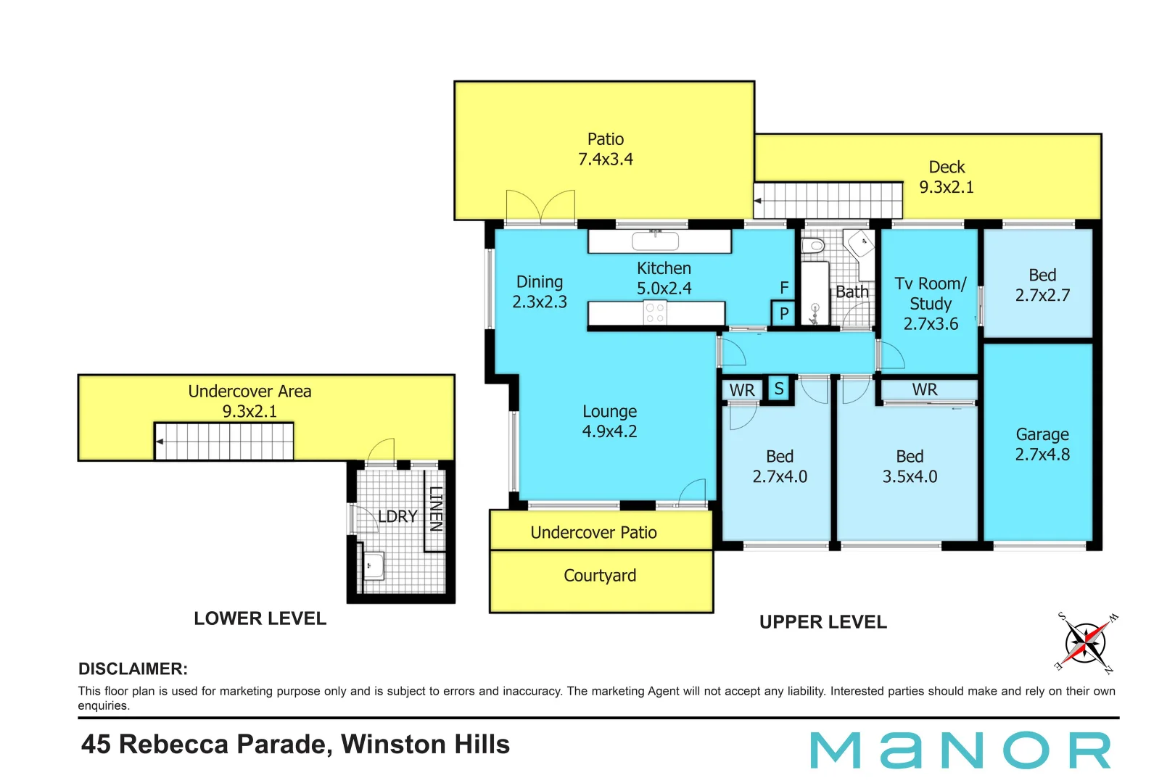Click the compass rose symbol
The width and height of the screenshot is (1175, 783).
tap(1086, 642)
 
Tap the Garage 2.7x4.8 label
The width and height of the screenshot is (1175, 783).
tap(1042, 444)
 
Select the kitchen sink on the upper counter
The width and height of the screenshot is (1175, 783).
tap(656, 241)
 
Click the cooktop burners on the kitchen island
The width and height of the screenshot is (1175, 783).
tap(655, 313)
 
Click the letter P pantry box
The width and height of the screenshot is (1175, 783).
tap(783, 315)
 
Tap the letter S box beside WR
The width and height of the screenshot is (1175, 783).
tap(779, 389)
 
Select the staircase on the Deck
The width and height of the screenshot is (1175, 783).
tap(828, 201)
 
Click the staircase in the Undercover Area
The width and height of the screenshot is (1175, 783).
tap(224, 441)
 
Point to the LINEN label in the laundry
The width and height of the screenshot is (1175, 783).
tap(435, 509)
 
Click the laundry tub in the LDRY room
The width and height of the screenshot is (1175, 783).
tap(373, 565)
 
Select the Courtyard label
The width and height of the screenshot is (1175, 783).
tap(600, 576)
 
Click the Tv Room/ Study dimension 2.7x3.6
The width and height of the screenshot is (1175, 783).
tap(931, 324)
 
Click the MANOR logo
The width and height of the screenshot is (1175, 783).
tap(960, 750)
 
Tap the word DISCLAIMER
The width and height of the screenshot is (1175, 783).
tap(133, 668)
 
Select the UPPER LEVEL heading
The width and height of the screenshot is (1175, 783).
tap(822, 622)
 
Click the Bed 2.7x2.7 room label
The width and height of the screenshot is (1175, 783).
tap(1042, 285)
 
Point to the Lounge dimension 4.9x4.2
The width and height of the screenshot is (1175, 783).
tap(609, 431)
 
